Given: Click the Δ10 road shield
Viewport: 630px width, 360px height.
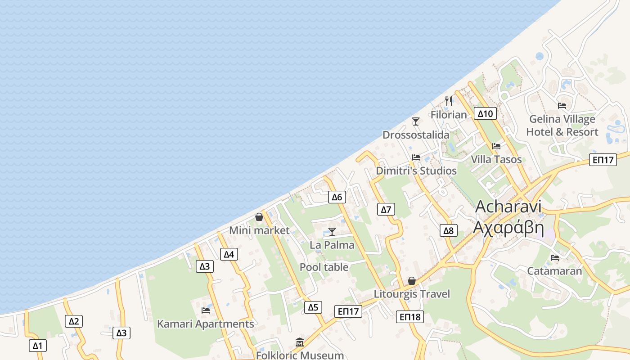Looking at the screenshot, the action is (x=485, y=113).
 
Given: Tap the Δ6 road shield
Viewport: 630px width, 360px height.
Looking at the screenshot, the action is (x=337, y=197).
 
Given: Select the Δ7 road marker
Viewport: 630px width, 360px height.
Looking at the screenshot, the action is (x=386, y=209).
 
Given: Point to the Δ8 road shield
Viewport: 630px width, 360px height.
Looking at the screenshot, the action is (x=448, y=231).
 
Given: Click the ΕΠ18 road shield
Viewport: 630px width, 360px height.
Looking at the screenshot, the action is (x=410, y=317).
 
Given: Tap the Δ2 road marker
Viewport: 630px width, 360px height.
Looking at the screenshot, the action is (x=74, y=321).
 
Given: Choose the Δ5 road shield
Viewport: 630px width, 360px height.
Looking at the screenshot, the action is (x=313, y=307).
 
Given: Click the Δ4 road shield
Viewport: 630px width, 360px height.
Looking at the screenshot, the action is (x=229, y=254).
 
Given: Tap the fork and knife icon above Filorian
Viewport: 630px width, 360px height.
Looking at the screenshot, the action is (x=448, y=101).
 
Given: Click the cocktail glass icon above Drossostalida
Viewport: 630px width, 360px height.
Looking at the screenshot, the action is (x=416, y=121).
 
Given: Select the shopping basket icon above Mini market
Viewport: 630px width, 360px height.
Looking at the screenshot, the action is (x=259, y=217).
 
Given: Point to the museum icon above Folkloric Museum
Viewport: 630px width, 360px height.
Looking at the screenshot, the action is (x=300, y=342).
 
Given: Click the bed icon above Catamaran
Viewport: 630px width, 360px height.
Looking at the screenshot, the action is (x=555, y=258).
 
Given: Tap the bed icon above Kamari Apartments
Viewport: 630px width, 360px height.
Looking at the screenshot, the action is (x=206, y=310).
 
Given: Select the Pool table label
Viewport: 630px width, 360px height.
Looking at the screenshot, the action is (x=324, y=267).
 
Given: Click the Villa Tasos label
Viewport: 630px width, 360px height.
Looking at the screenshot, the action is (x=496, y=159).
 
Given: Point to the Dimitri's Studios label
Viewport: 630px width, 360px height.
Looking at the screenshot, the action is (x=416, y=171).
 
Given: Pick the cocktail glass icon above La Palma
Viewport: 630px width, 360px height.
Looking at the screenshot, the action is (x=332, y=231).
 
